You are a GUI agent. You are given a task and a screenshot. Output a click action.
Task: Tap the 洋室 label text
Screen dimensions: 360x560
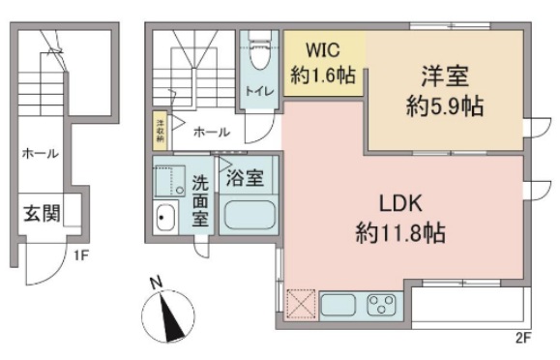pos(444,74)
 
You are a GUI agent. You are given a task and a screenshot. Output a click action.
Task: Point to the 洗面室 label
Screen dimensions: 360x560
pos(200,198)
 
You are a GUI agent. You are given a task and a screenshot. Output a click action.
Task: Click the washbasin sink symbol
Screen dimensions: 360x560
pos(167,219)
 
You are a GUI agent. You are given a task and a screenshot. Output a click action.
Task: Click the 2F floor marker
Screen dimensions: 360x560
pos(524,338)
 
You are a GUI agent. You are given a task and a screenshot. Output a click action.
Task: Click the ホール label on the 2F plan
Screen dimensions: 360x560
pos(211,132)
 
